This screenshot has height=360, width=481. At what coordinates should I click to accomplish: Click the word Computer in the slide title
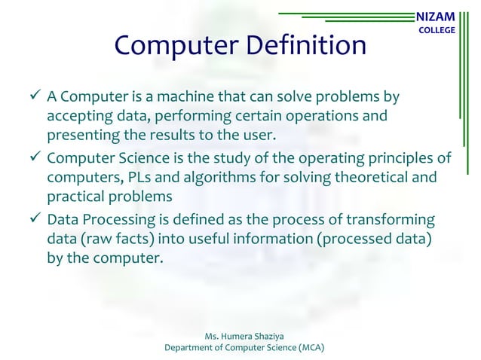[x=172, y=46]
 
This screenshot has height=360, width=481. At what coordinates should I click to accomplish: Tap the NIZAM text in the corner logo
[x=437, y=15]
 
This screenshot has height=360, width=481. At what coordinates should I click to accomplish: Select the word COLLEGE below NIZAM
[x=437, y=30]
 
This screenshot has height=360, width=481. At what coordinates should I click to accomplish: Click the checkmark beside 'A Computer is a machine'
[x=32, y=98]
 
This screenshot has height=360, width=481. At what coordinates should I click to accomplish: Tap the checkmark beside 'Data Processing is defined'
[x=32, y=220]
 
